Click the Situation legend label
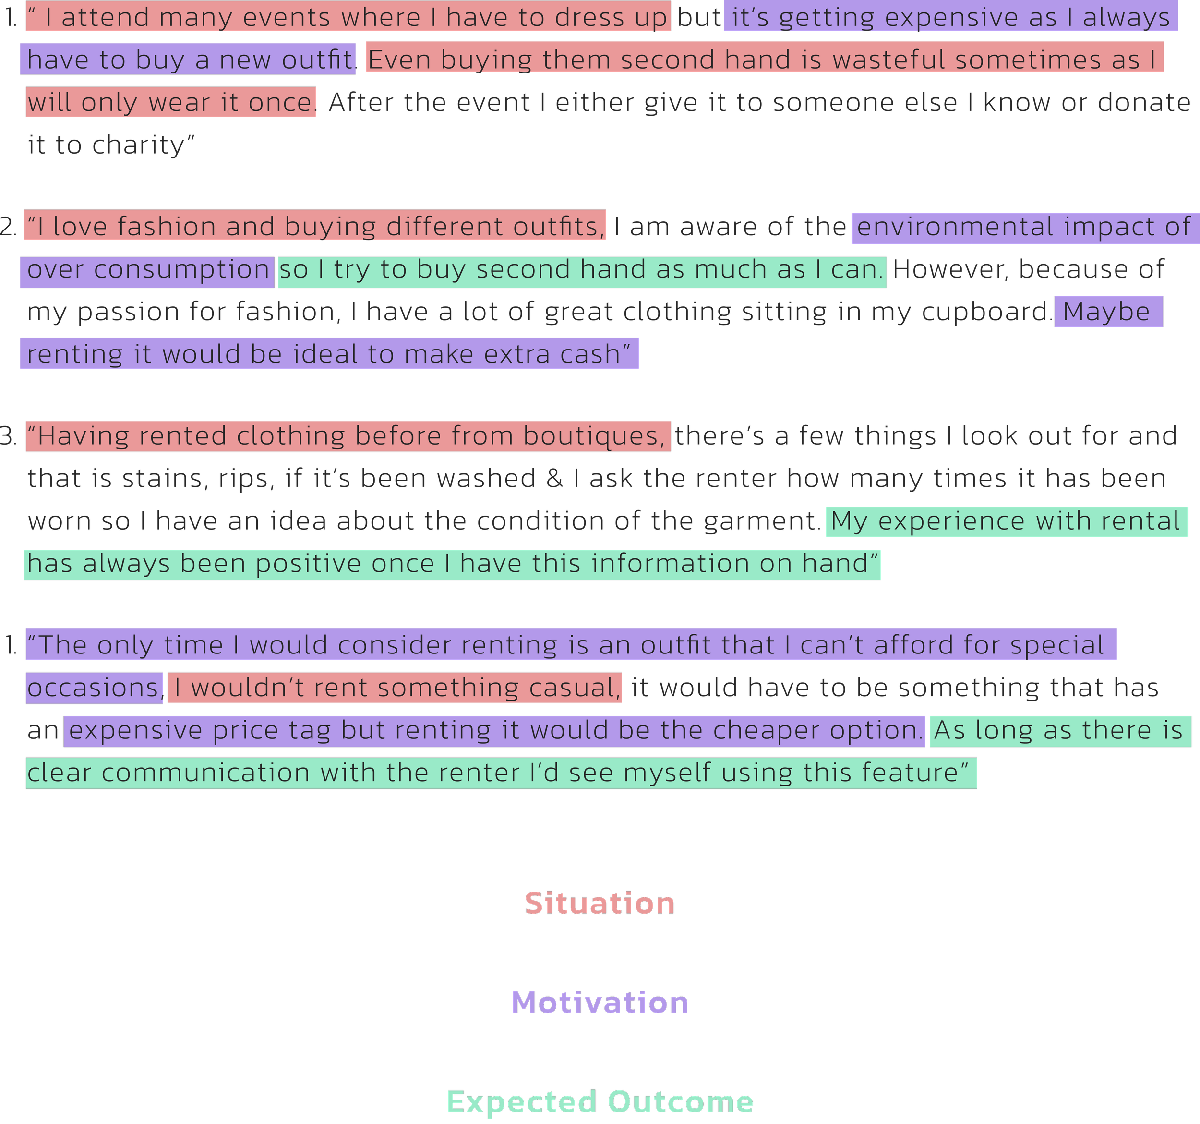(x=600, y=904)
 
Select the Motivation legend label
(x=600, y=1003)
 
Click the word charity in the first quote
(x=138, y=145)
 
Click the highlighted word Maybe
(x=1106, y=312)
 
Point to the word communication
(x=205, y=774)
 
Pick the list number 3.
(x=9, y=436)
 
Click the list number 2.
(x=9, y=227)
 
